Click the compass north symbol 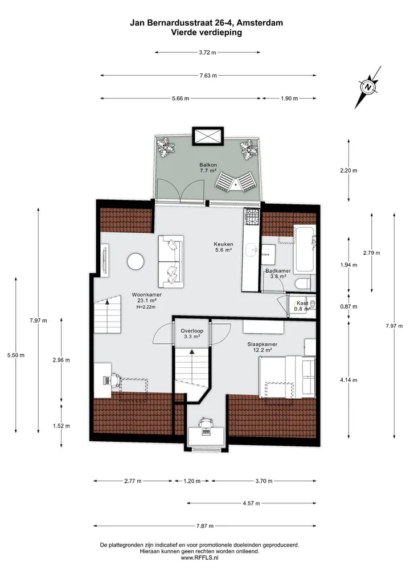click(368, 87)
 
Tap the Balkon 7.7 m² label click(208, 167)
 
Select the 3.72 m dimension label click(207, 52)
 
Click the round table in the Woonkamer click(135, 262)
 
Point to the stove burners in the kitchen click(252, 217)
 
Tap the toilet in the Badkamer click(304, 284)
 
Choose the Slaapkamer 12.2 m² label click(263, 347)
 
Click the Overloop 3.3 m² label click(192, 334)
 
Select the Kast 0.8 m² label click(302, 306)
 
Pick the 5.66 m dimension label click(181, 98)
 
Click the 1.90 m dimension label click(289, 98)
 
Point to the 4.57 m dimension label click(251, 503)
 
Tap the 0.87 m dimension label click(348, 306)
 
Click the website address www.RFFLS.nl click(199, 557)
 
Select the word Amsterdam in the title click(260, 23)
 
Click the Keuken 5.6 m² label click(223, 247)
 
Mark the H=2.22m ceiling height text click(146, 307)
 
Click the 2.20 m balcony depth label click(348, 171)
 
